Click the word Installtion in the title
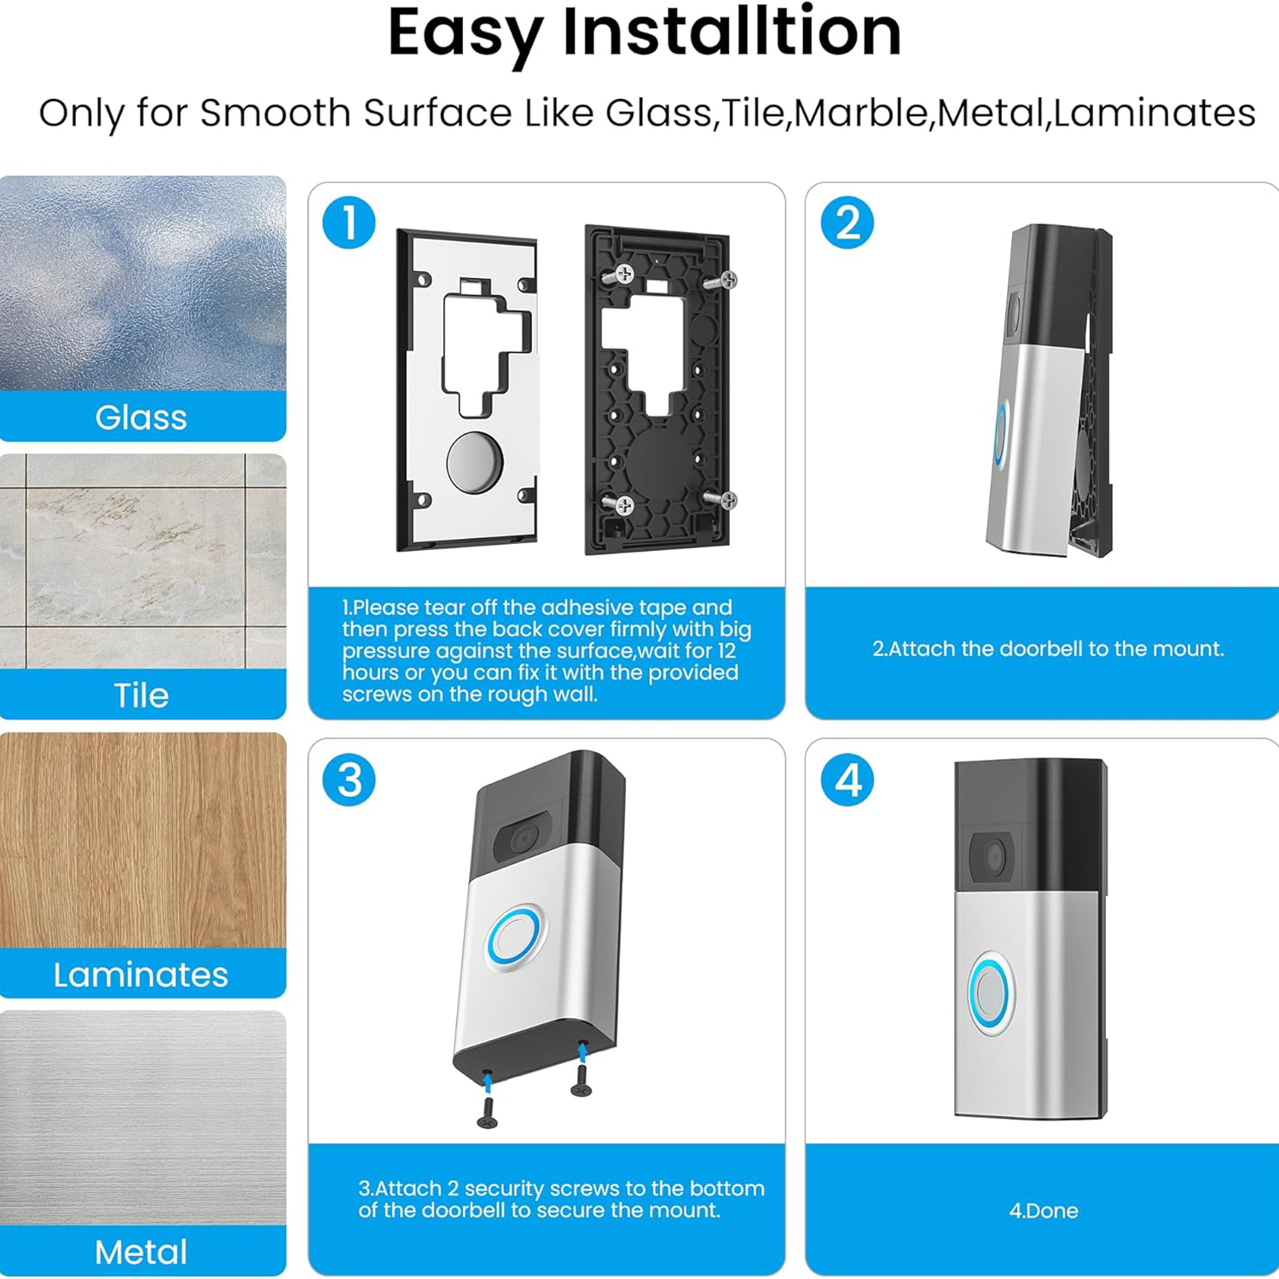click(x=731, y=32)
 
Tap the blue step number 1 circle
click(x=349, y=223)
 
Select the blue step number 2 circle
click(x=847, y=223)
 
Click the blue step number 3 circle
click(x=349, y=779)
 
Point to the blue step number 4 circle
click(x=847, y=779)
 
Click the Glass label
click(x=141, y=418)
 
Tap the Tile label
click(x=141, y=696)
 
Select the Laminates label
click(x=141, y=975)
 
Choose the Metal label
click(x=141, y=1253)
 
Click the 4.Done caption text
click(x=1043, y=1211)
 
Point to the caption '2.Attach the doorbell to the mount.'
click(x=1047, y=649)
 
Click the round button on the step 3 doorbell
click(x=514, y=939)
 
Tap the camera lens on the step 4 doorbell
click(x=993, y=857)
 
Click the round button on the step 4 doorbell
click(x=991, y=994)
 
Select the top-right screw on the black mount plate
click(x=726, y=280)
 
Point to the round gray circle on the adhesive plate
click(x=475, y=462)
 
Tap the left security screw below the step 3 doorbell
click(x=488, y=1111)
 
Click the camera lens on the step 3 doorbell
click(x=522, y=840)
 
